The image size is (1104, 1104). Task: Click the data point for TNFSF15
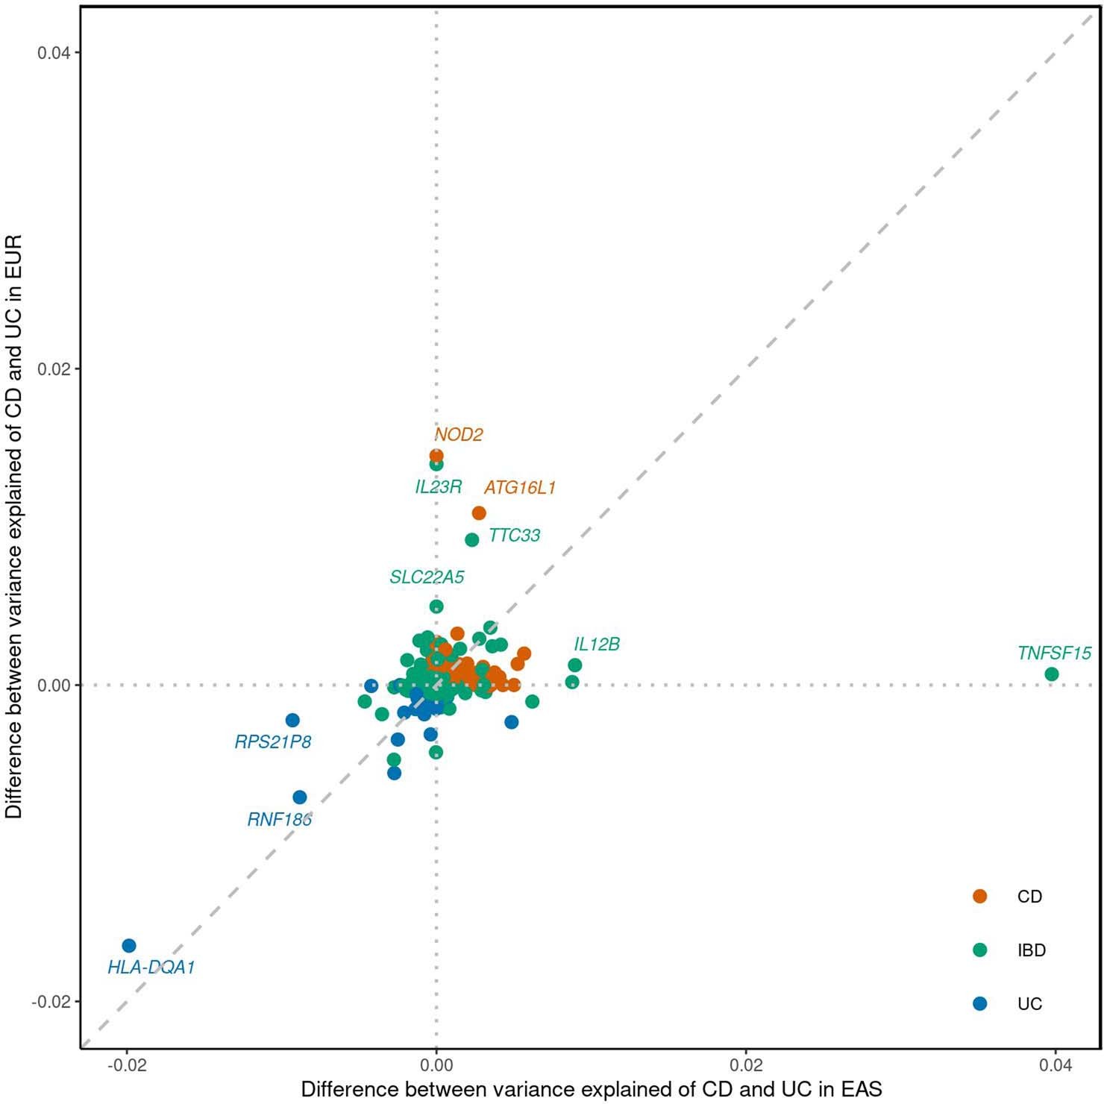[1052, 674]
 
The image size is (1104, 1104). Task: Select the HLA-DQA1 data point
[129, 946]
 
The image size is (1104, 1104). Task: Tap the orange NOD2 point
[436, 456]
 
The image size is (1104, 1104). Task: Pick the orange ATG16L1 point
[479, 513]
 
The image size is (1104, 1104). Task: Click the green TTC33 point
[471, 539]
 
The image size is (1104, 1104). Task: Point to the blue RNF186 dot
[300, 797]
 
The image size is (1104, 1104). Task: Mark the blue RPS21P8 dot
[292, 721]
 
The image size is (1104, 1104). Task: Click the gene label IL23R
[438, 487]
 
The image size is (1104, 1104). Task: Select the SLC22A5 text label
[427, 577]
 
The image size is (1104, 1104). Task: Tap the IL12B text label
[597, 644]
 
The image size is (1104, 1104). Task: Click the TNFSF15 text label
[1054, 653]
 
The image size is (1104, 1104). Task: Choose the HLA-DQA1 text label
[151, 967]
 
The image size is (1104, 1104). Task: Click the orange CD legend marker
[980, 897]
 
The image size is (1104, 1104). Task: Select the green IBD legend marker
[980, 950]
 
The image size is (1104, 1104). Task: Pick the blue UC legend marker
[980, 1004]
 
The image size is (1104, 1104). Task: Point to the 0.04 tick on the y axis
[54, 53]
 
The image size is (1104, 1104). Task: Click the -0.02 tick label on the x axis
[127, 1064]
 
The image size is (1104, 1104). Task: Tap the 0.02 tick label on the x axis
[746, 1064]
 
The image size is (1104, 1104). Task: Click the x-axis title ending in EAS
[591, 1089]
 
